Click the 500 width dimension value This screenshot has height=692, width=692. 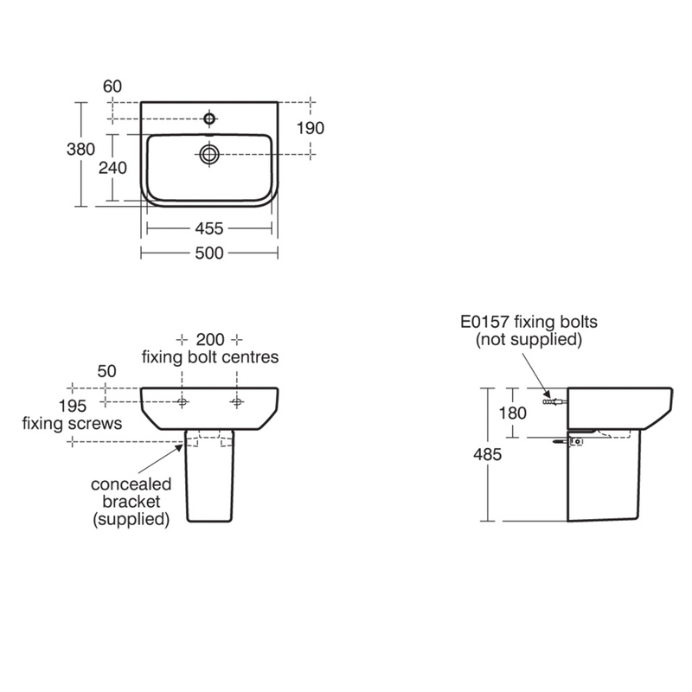click(209, 253)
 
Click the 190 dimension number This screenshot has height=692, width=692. click(309, 128)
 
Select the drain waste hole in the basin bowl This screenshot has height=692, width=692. click(208, 154)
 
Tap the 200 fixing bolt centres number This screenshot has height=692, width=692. click(209, 338)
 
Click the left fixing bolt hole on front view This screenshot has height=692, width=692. click(183, 401)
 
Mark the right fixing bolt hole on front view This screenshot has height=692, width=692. click(236, 401)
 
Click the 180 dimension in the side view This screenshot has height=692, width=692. click(513, 413)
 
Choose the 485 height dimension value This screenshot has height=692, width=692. click(486, 456)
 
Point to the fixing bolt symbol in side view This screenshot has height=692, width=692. click(551, 401)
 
